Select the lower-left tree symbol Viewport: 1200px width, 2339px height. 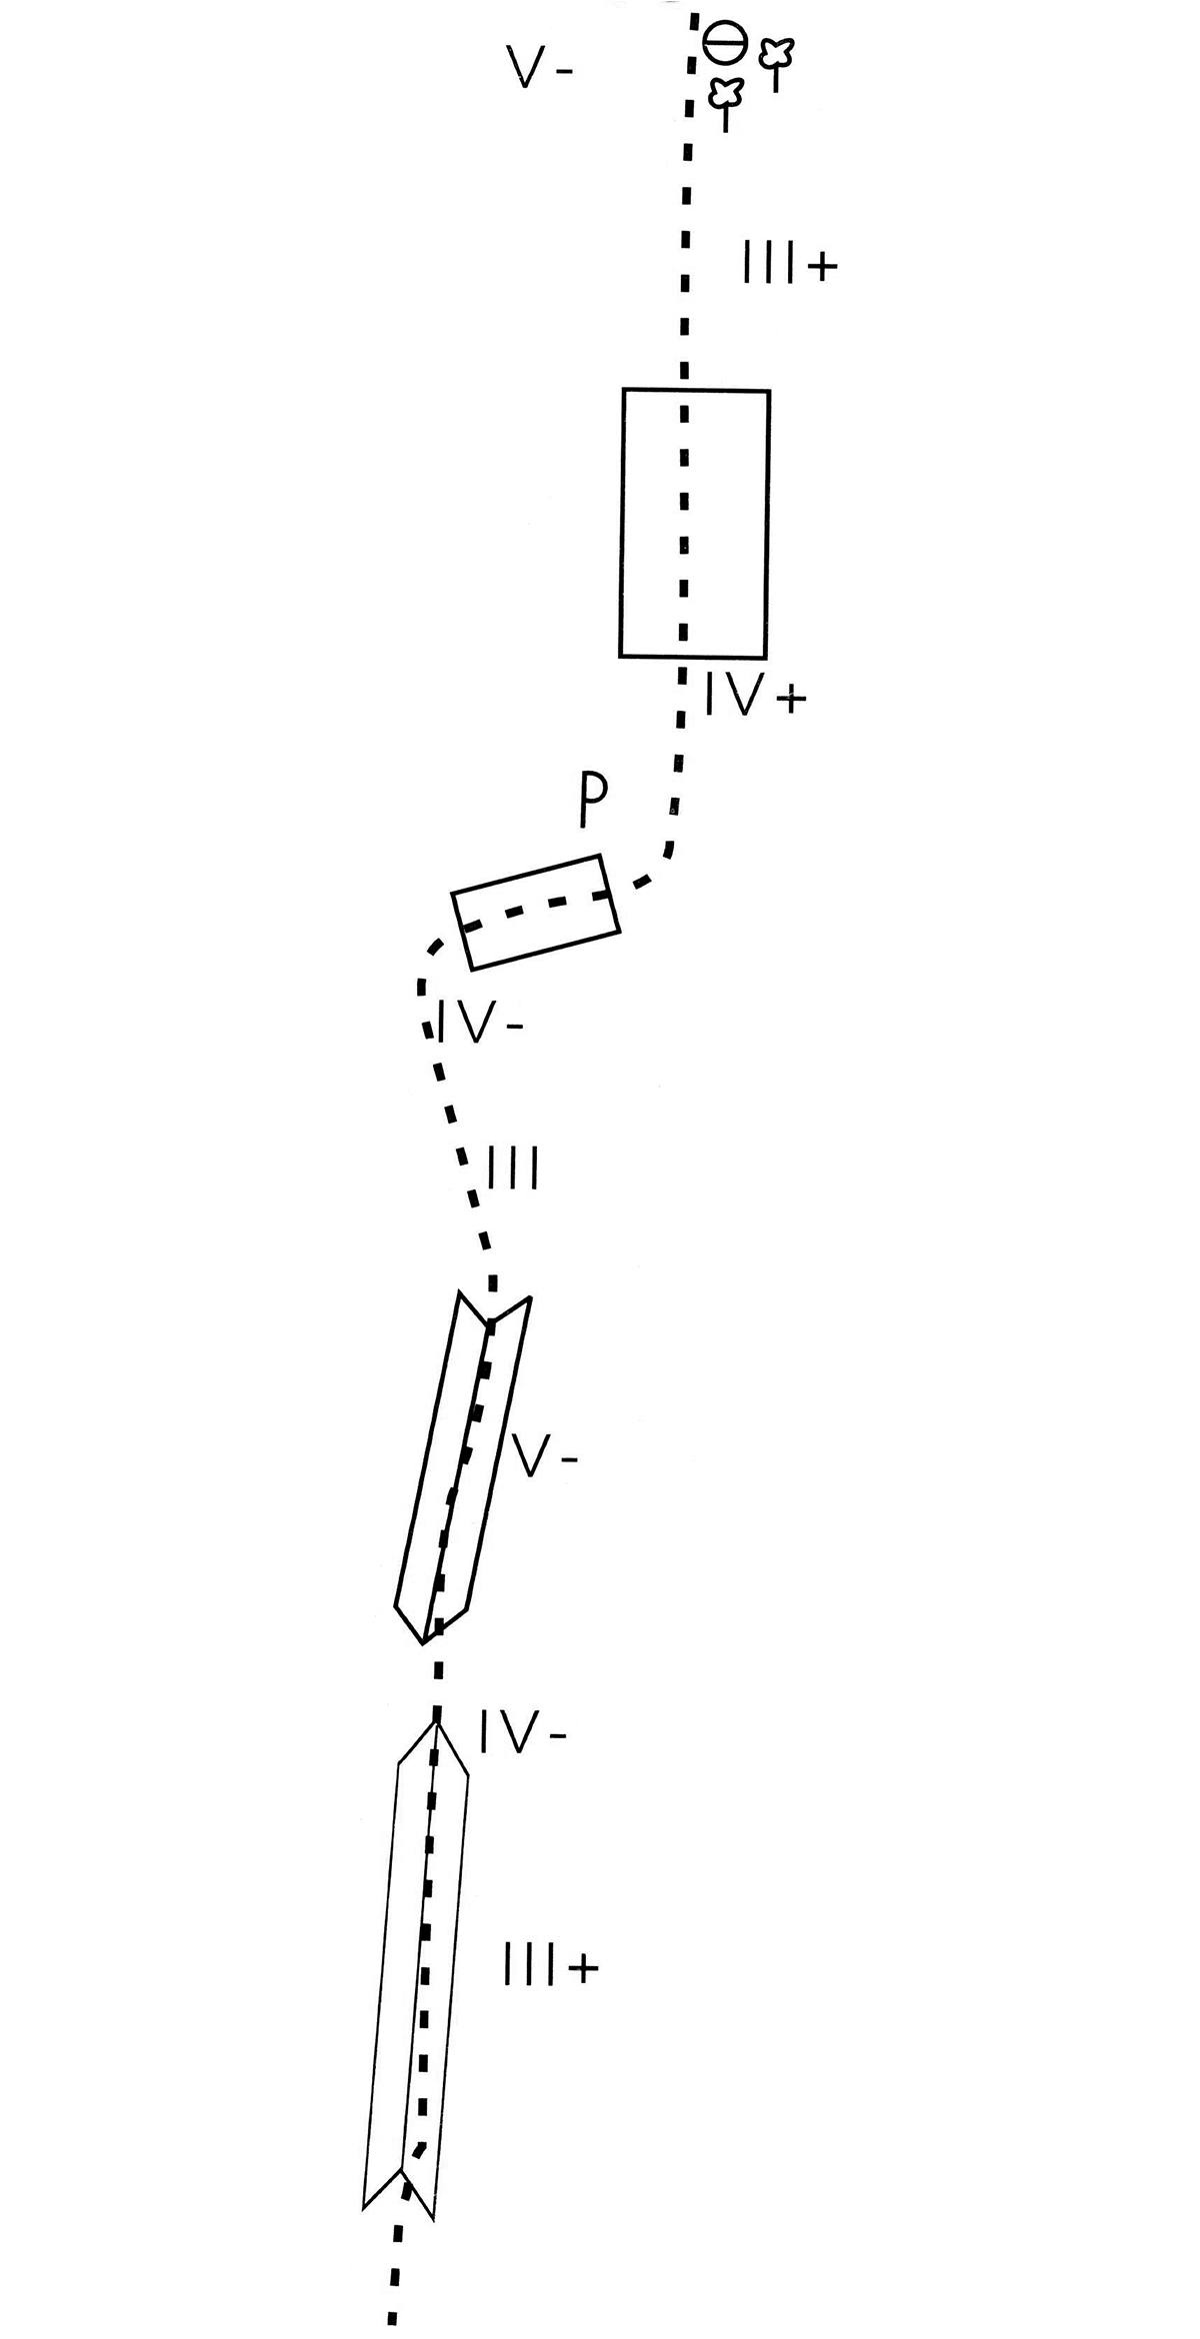click(726, 103)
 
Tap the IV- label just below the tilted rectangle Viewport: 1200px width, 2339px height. click(480, 1022)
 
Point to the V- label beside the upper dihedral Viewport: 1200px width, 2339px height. click(544, 1460)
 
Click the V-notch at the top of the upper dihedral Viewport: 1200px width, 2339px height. click(490, 1324)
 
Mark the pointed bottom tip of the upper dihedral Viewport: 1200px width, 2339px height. click(425, 1641)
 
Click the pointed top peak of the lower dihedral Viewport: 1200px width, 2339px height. click(437, 1721)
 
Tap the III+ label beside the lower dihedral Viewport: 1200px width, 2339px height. click(550, 1967)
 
